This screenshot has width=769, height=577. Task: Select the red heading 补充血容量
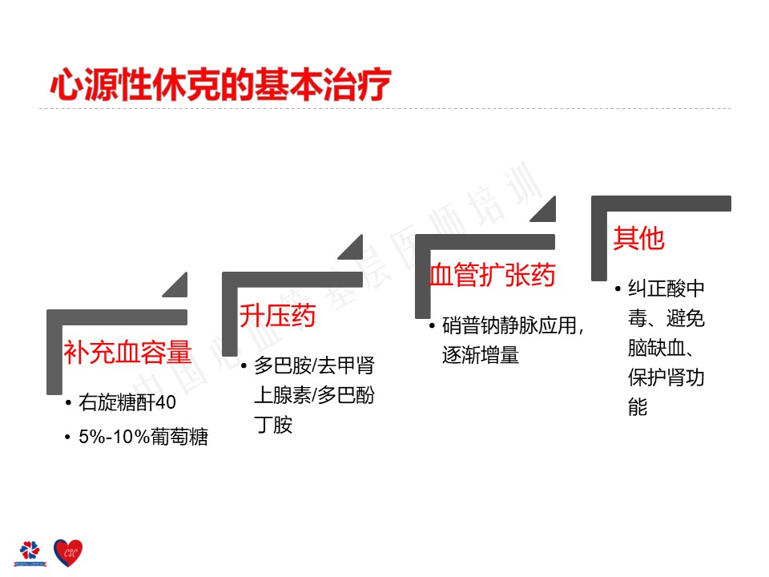tap(127, 353)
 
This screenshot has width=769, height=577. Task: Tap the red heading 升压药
tap(277, 315)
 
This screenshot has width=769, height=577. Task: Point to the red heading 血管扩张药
tap(492, 275)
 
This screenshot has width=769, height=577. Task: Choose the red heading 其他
tap(638, 238)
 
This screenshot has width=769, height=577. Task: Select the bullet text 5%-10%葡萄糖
tap(143, 438)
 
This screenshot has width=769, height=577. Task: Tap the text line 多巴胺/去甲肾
tap(314, 366)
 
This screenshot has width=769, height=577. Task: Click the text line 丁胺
tap(273, 425)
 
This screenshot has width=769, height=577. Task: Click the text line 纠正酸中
tap(666, 289)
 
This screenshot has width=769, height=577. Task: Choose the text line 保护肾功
tap(666, 377)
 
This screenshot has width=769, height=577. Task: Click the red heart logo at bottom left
tap(68, 551)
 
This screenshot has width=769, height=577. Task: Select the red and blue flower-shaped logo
tap(29, 551)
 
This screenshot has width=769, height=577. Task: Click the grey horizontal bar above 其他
tap(661, 203)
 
